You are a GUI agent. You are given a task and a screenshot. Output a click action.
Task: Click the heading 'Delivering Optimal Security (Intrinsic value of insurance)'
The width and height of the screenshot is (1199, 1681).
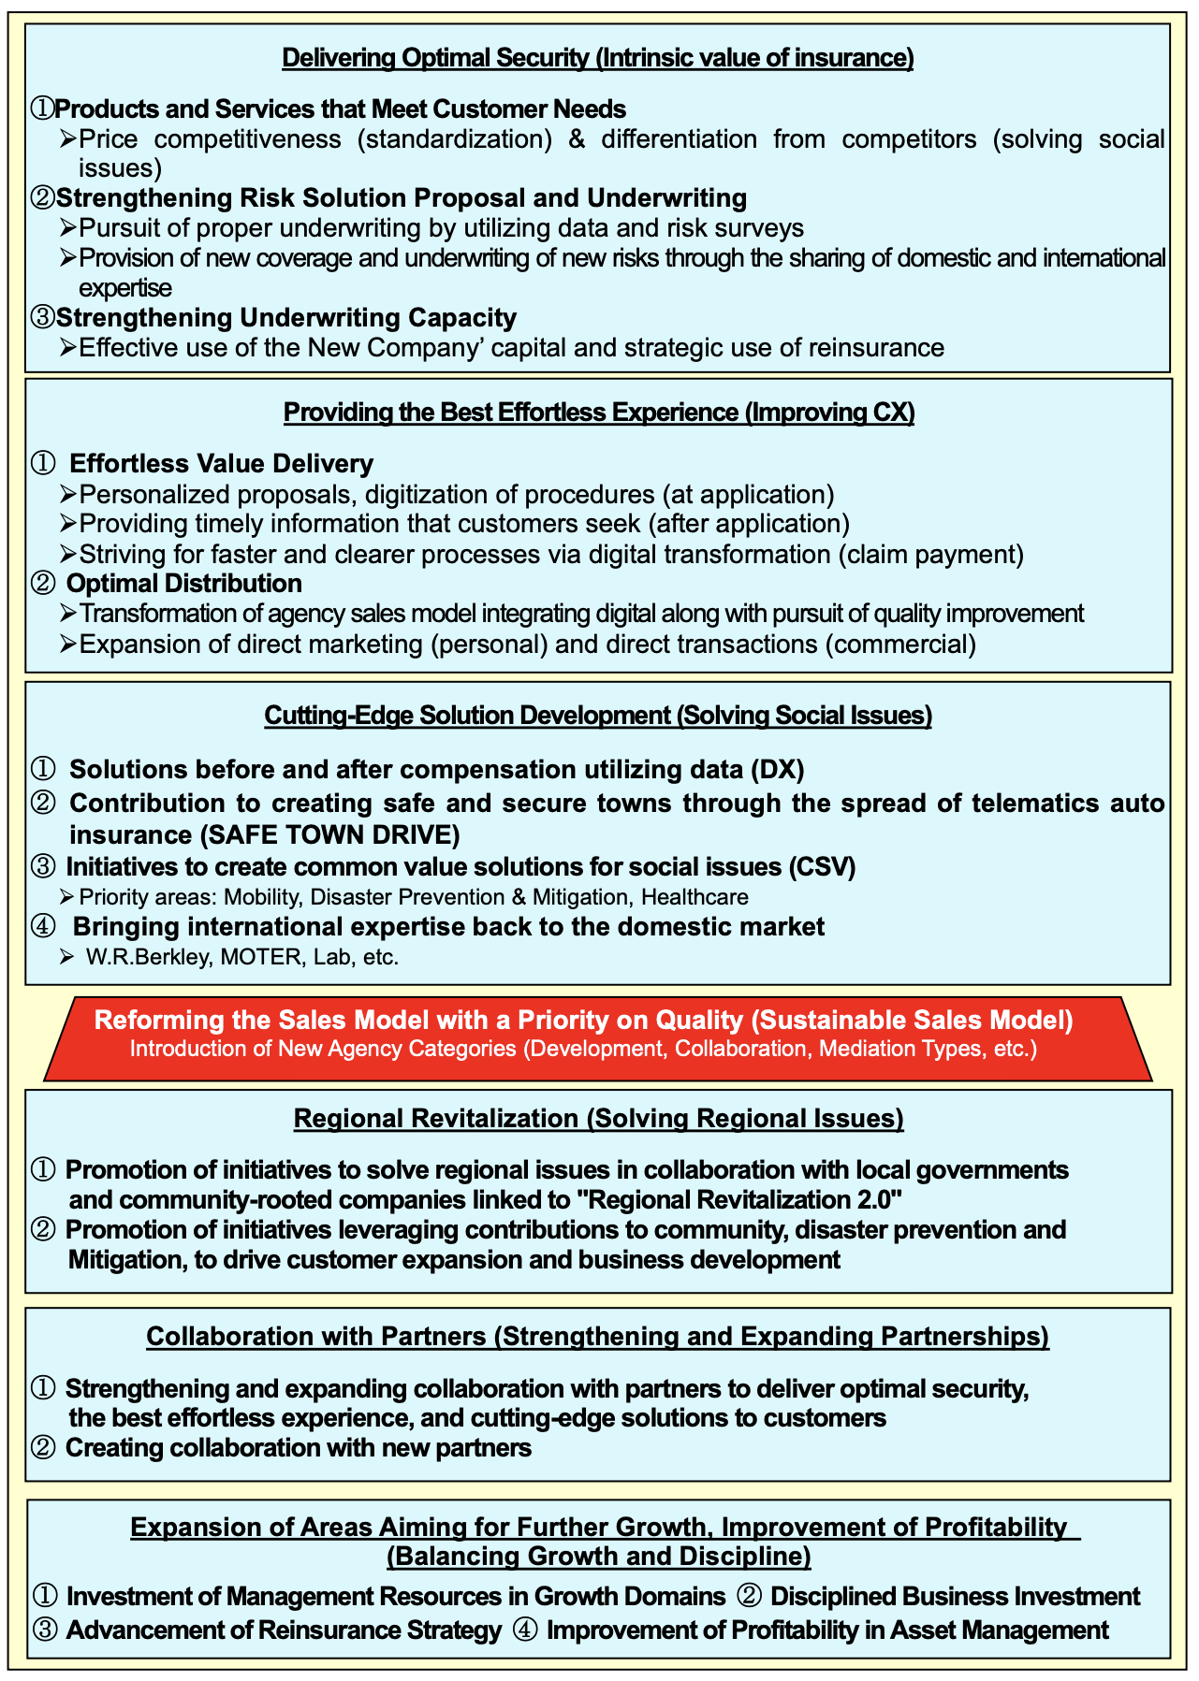pyautogui.click(x=597, y=58)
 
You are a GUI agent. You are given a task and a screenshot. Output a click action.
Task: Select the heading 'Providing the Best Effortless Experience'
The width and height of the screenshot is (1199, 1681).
pyautogui.click(x=598, y=413)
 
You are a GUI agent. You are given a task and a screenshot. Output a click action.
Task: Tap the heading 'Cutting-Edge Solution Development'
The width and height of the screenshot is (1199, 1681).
pyautogui.click(x=598, y=716)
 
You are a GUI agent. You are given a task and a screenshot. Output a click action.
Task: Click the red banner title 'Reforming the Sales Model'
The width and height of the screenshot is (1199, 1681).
pyautogui.click(x=583, y=1020)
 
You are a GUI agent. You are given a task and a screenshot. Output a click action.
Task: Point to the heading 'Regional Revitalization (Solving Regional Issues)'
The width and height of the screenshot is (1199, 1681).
pyautogui.click(x=598, y=1119)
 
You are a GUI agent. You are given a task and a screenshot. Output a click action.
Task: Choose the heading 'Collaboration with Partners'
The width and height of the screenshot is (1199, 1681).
pyautogui.click(x=597, y=1337)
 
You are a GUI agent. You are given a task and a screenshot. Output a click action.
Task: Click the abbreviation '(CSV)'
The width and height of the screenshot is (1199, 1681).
pyautogui.click(x=823, y=867)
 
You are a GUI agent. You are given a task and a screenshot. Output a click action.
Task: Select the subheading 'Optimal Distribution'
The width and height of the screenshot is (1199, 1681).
pyautogui.click(x=184, y=584)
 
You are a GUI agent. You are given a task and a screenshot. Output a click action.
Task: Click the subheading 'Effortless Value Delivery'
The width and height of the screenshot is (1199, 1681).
pyautogui.click(x=222, y=464)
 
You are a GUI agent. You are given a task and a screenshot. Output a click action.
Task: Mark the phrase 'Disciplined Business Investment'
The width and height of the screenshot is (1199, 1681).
pyautogui.click(x=955, y=1597)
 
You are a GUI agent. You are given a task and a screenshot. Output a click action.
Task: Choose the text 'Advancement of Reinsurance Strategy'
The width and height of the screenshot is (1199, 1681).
pyautogui.click(x=284, y=1630)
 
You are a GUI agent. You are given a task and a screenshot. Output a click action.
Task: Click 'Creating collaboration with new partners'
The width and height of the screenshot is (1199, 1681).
pyautogui.click(x=299, y=1448)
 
